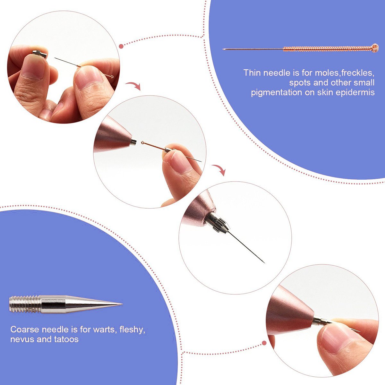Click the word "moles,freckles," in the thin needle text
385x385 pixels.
[344, 73]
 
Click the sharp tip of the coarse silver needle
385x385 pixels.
[122, 304]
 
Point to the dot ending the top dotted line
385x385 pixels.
[121, 47]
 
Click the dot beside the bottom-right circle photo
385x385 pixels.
[264, 343]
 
